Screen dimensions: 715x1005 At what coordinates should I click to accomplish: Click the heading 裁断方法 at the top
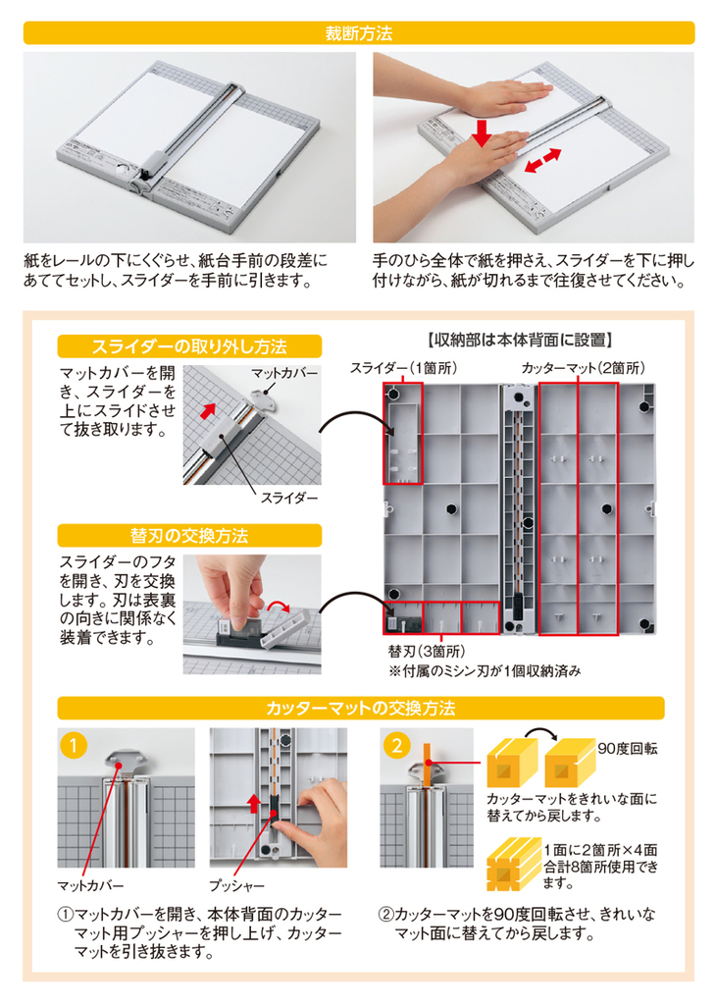click(x=358, y=33)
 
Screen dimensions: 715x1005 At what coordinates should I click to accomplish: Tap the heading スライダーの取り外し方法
click(x=189, y=346)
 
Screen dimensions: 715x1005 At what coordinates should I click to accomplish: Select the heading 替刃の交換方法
click(x=189, y=535)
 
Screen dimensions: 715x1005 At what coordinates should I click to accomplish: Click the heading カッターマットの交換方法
click(x=360, y=709)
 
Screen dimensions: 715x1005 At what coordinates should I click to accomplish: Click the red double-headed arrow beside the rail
click(x=542, y=161)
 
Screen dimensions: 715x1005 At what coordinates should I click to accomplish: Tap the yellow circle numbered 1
click(x=74, y=746)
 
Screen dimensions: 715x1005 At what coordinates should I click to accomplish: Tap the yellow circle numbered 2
click(x=396, y=746)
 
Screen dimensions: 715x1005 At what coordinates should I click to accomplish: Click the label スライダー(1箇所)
click(x=403, y=368)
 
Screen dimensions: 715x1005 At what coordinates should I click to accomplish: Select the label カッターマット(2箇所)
click(x=583, y=368)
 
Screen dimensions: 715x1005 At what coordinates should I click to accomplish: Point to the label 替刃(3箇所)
click(x=426, y=652)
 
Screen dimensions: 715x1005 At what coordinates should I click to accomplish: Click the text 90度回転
click(x=628, y=749)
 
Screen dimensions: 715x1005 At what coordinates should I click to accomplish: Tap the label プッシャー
click(x=236, y=886)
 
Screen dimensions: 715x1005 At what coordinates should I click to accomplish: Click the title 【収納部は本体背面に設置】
click(x=519, y=340)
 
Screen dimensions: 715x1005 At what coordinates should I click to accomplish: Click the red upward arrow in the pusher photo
click(x=254, y=803)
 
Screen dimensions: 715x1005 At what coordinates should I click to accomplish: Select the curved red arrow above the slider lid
click(x=279, y=606)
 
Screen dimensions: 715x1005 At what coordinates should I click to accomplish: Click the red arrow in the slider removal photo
click(x=207, y=410)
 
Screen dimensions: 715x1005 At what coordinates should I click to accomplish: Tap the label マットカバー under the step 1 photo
click(x=90, y=886)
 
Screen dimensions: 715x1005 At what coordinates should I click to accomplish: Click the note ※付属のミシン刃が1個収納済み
click(x=485, y=671)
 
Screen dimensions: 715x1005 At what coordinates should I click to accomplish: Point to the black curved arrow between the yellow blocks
click(x=540, y=732)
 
